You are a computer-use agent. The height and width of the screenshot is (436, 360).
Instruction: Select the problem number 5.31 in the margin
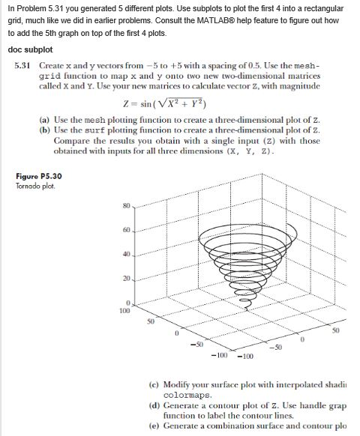(22, 66)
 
